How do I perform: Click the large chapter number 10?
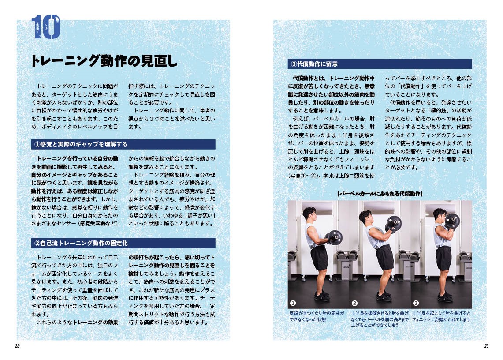46,27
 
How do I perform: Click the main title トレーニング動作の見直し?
104,61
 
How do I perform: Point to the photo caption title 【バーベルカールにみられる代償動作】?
380,194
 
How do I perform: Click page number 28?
17,346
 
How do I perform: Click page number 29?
486,346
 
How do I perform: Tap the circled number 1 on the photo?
293,303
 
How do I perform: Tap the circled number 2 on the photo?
354,303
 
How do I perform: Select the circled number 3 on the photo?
416,303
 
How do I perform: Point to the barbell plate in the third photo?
452,221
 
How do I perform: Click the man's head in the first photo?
309,214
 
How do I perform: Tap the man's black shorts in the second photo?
384,257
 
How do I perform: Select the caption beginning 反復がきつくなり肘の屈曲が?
317,316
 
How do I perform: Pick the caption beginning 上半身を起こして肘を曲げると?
441,316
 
